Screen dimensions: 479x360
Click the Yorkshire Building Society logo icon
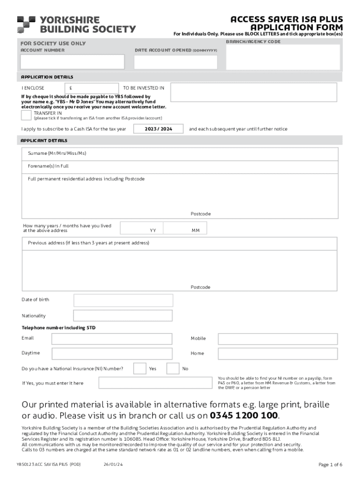26,24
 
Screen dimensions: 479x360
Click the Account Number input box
72,62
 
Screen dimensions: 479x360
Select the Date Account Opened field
175,62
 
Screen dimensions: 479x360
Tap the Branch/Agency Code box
281,58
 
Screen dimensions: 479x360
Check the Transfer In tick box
27,116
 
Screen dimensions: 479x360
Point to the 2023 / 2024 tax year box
158,129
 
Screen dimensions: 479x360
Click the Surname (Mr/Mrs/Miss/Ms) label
57,153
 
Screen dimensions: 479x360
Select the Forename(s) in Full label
48,166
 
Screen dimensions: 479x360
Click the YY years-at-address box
142,228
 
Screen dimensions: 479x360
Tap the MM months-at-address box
185,228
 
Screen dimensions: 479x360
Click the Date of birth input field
123,300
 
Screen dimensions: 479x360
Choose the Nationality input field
123,316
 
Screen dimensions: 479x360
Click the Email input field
115,338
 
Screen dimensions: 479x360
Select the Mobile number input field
278,339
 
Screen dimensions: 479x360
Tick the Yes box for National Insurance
139,369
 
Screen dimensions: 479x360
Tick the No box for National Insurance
173,369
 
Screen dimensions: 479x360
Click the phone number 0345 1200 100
244,415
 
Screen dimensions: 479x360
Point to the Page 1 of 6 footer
330,464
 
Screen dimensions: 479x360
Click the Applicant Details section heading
44,140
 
